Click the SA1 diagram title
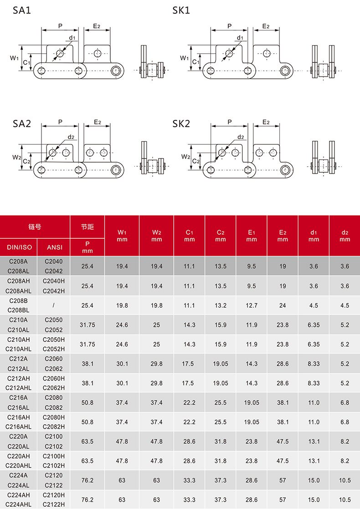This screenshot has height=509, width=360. coord(22,10)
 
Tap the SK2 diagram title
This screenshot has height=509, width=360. coord(181,123)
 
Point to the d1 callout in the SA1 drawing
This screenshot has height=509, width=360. coord(72,38)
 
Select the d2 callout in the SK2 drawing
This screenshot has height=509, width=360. coord(241,137)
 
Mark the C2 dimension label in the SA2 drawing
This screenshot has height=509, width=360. coord(26,161)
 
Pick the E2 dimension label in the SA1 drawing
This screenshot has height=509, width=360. coord(97,26)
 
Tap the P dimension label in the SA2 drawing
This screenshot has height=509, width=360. coord(60,122)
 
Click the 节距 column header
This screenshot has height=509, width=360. coord(87,226)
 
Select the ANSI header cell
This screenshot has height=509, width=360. coord(55,247)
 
